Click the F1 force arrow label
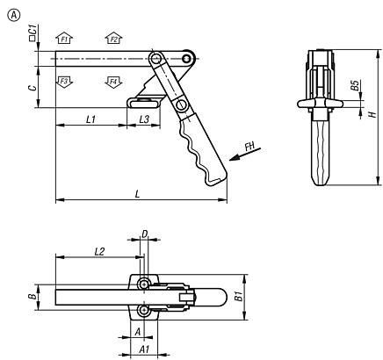(x=62, y=39)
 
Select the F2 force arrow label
(x=112, y=39)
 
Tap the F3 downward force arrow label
(x=62, y=81)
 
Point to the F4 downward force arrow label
(x=112, y=81)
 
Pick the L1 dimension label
(x=90, y=118)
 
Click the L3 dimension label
(x=143, y=118)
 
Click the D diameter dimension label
(x=144, y=236)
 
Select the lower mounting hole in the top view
(x=143, y=312)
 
